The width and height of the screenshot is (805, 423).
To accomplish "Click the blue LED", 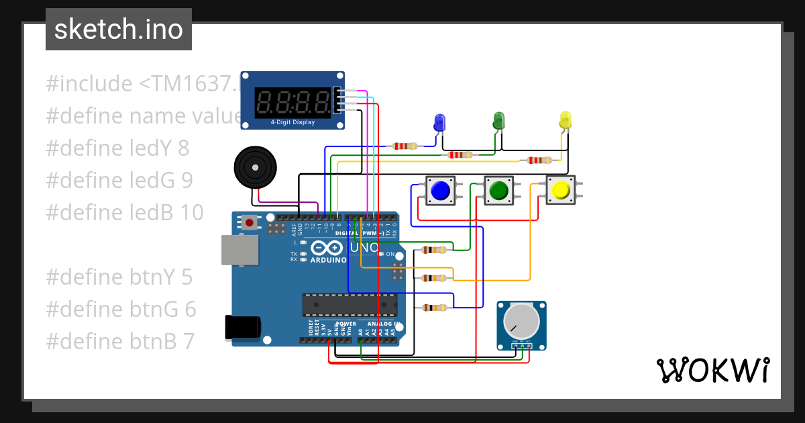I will (439, 123).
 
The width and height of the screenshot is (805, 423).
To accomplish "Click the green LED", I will (498, 121).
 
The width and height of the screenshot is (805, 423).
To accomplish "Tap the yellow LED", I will (565, 121).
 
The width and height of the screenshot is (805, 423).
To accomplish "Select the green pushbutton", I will (498, 191).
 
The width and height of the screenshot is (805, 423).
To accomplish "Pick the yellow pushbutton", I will (559, 191).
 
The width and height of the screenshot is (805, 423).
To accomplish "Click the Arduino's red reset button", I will (250, 222).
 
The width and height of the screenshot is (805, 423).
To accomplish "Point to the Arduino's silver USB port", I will (239, 250).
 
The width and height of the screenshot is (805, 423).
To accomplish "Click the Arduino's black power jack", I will (242, 327).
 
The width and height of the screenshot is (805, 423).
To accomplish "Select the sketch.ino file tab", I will (119, 30).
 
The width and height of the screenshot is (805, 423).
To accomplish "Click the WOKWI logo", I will (712, 370).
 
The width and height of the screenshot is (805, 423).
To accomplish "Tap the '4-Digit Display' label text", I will (292, 123).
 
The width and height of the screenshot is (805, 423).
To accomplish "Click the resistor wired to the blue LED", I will (405, 146).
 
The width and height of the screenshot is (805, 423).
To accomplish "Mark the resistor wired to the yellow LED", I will (539, 160).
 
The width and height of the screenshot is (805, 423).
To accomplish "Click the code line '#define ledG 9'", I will (119, 180).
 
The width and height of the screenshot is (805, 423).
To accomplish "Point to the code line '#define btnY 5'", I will (119, 277).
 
